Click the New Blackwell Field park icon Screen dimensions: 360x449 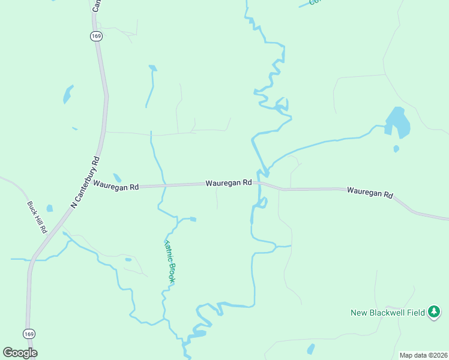[x=434, y=312]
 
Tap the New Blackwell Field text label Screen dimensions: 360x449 [x=388, y=313]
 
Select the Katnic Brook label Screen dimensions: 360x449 [x=170, y=262]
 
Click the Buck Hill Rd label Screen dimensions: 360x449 [x=37, y=217]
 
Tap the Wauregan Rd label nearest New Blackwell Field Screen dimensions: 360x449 [x=370, y=192]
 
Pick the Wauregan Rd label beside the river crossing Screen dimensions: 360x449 [x=228, y=182]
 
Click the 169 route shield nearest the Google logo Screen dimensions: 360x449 [x=29, y=334]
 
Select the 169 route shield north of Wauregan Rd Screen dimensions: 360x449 [x=97, y=36]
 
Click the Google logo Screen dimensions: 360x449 [x=20, y=352]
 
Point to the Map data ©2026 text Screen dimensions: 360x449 [x=423, y=355]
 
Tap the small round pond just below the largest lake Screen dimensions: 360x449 [x=396, y=148]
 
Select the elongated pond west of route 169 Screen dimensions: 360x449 [x=68, y=94]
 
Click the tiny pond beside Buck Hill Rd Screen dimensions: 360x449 [x=49, y=208]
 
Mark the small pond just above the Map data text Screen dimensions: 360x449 [x=310, y=348]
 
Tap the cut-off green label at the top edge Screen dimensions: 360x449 [x=314, y=2]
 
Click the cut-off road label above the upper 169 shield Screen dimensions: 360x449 [x=95, y=5]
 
